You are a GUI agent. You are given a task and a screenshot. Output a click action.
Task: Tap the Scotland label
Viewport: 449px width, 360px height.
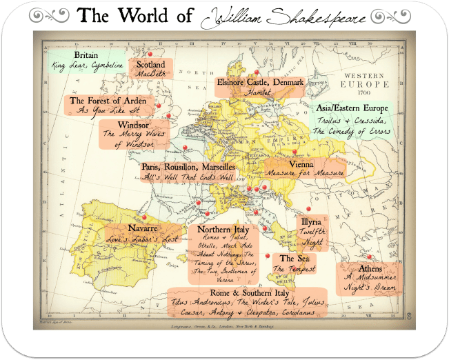(x=150, y=64)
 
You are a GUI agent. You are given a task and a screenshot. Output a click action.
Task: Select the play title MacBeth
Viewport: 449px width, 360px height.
(x=150, y=75)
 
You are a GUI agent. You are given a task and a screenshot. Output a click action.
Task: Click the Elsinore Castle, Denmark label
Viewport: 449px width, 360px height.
(x=260, y=82)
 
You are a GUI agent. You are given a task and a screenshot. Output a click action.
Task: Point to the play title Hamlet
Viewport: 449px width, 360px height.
(x=260, y=92)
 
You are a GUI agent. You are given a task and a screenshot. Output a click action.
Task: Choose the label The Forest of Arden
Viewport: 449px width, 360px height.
(x=108, y=101)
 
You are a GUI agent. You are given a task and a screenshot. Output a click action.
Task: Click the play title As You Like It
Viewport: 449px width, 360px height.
(x=108, y=110)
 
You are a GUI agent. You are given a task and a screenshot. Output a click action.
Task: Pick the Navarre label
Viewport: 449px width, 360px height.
(x=143, y=228)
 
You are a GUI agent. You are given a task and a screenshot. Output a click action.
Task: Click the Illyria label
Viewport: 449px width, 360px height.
(x=310, y=223)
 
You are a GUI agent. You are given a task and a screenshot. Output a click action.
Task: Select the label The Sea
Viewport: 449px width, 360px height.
(x=293, y=257)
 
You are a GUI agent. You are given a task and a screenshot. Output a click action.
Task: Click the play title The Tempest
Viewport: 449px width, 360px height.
(x=293, y=268)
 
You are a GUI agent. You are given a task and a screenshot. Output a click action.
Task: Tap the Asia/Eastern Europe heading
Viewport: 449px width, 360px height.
(x=351, y=109)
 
